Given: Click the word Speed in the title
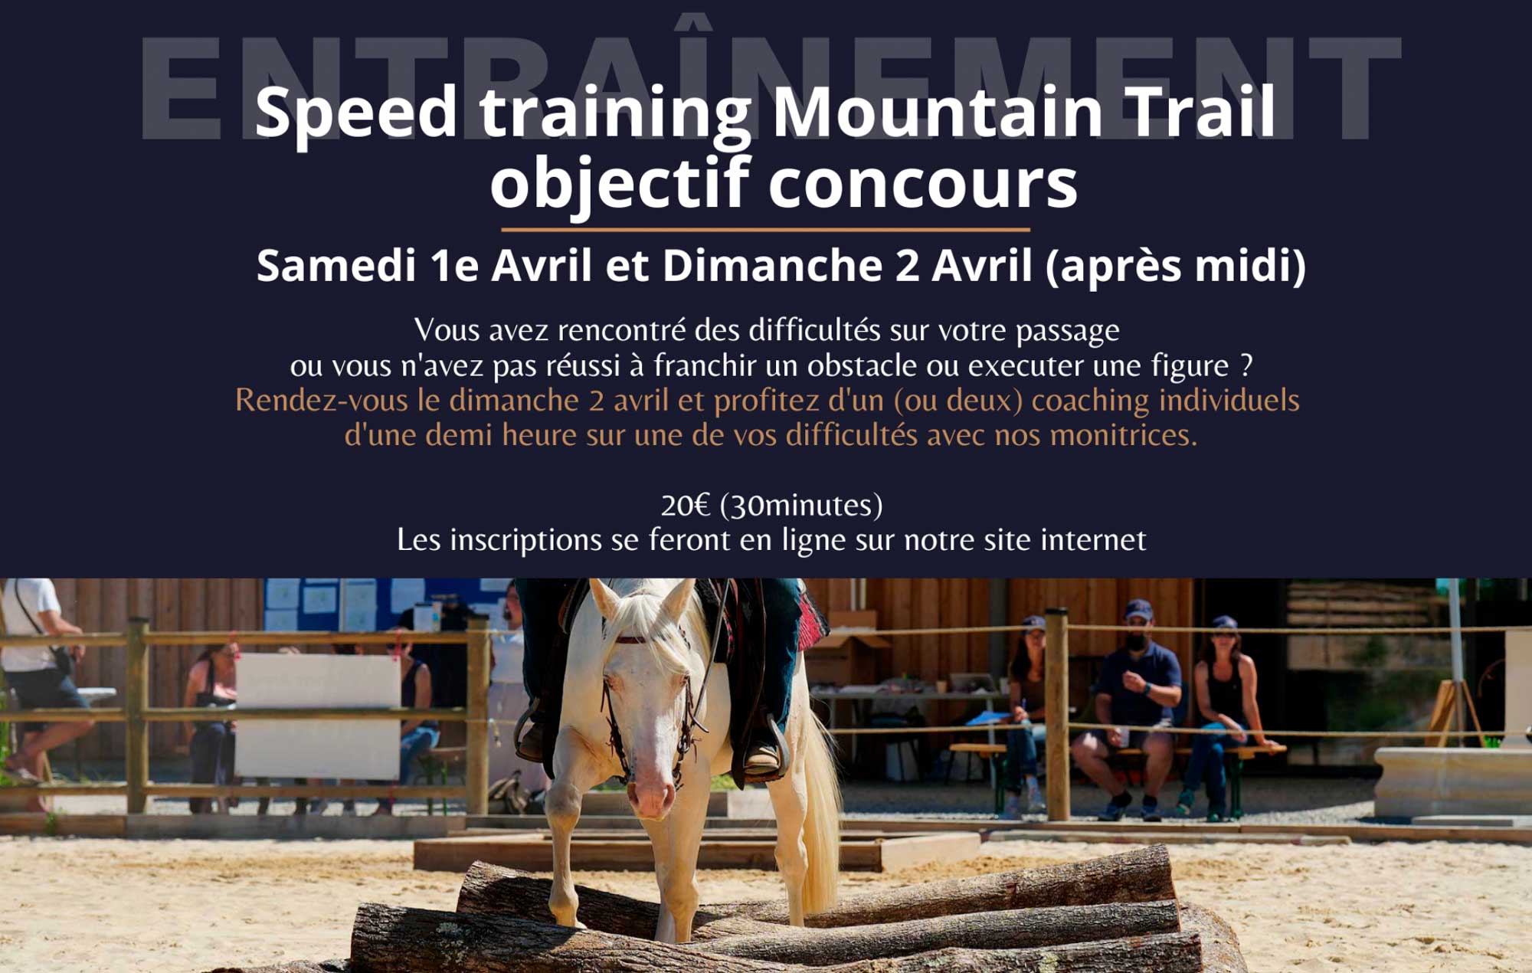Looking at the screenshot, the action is [x=356, y=115].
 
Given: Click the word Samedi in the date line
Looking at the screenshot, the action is [x=336, y=265].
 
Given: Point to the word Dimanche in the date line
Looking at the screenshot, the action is [x=772, y=265].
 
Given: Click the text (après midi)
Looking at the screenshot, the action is [x=1176, y=267].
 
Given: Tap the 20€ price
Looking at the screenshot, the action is [x=686, y=505].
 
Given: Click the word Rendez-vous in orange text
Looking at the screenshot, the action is [x=321, y=400].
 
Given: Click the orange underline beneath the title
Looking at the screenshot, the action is [x=765, y=229].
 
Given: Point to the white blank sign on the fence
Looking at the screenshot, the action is [x=317, y=716].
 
